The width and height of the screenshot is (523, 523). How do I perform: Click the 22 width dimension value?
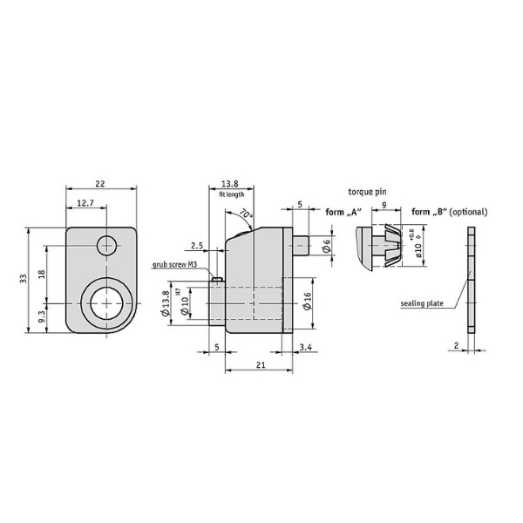tap(100, 183)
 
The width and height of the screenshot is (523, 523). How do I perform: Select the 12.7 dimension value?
tap(85, 203)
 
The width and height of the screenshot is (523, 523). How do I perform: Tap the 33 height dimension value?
tap(23, 279)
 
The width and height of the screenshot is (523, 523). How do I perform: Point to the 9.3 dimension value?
tap(41, 316)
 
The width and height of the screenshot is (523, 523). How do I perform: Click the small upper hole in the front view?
tap(106, 246)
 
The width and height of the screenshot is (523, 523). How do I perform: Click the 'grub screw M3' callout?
tap(175, 265)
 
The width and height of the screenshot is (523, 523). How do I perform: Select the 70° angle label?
tap(247, 214)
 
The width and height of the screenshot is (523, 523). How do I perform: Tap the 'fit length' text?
tap(232, 194)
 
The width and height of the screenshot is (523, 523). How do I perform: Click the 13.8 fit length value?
tap(230, 183)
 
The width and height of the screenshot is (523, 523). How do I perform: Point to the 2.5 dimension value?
tap(197, 246)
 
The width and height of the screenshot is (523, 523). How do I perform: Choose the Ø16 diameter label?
tap(307, 301)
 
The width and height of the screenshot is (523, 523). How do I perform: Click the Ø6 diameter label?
tap(327, 245)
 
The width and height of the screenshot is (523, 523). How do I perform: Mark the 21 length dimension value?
tap(261, 365)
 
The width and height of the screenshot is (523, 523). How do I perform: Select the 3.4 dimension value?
tap(306, 347)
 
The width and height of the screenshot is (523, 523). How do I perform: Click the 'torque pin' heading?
tap(367, 192)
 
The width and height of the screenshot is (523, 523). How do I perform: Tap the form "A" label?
tap(343, 212)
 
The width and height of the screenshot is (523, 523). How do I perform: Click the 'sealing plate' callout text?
tap(422, 303)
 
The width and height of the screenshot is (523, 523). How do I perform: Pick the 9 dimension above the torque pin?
tap(384, 205)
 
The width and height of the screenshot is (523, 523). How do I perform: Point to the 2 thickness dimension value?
tap(456, 346)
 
